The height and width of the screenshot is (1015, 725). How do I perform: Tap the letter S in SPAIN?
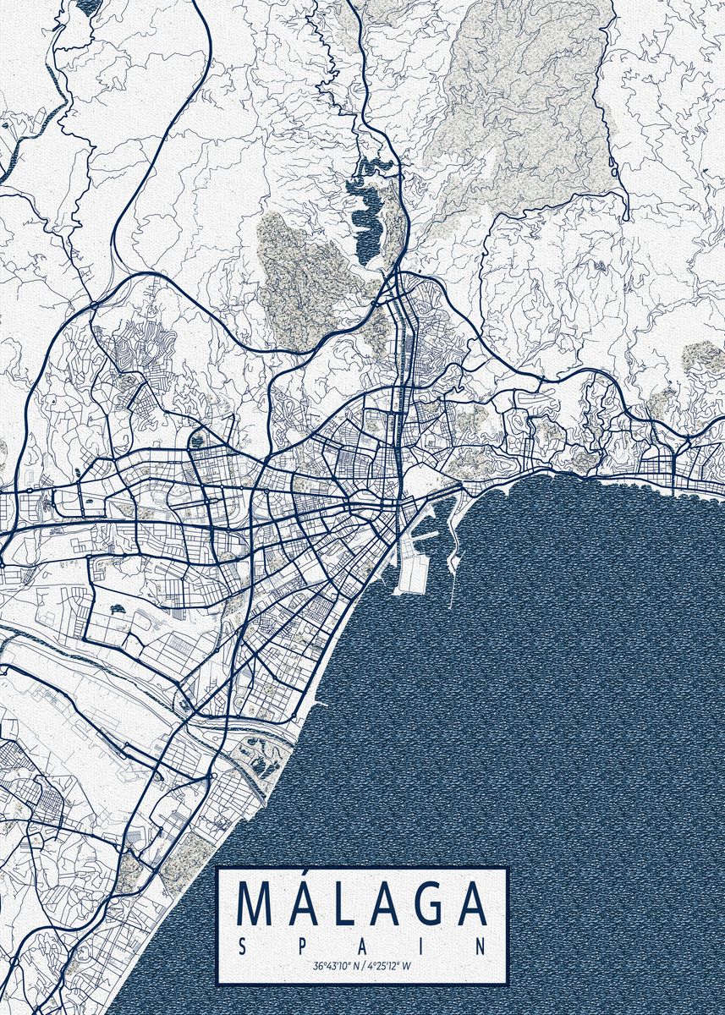click(244, 946)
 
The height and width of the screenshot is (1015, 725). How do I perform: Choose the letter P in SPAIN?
click(303, 946)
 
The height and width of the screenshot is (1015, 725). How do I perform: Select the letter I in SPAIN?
click(423, 946)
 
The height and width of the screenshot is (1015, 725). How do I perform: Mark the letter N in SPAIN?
click(482, 946)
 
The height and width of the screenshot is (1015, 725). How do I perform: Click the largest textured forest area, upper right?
click(525, 93)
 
